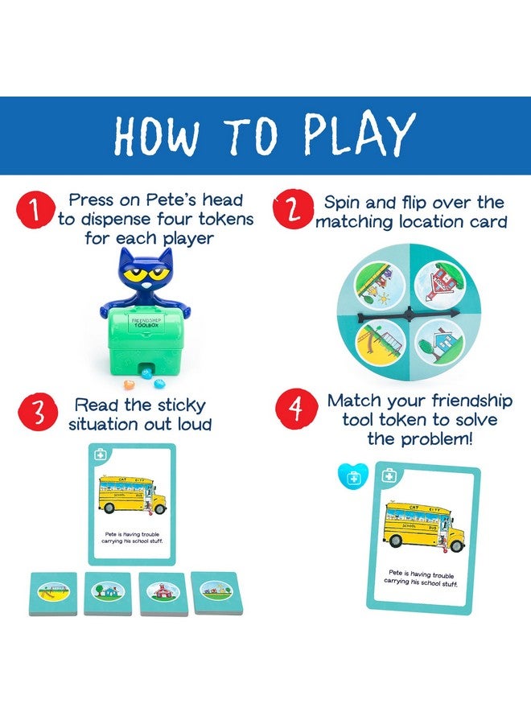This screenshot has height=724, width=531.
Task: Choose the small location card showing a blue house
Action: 107,594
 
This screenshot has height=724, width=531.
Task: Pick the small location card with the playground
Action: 53,593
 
